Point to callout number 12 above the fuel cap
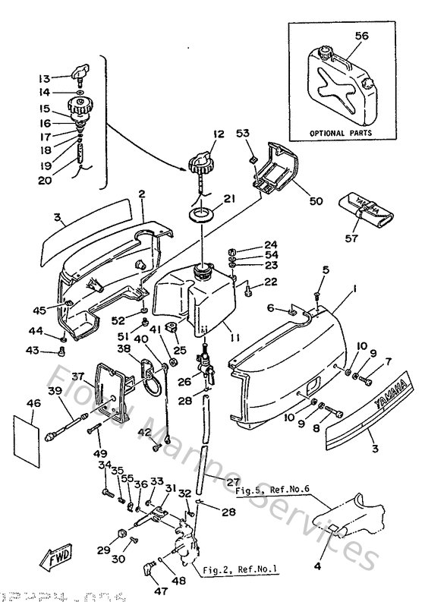(197, 134)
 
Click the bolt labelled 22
(248, 286)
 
